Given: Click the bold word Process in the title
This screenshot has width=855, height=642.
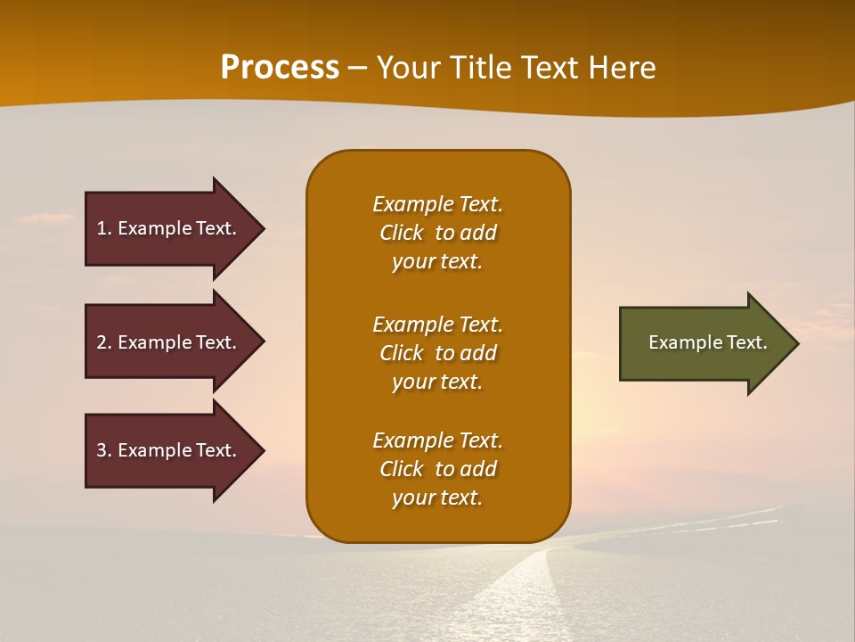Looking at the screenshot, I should pyautogui.click(x=280, y=68).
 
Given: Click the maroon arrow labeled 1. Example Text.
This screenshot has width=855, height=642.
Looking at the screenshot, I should pyautogui.click(x=169, y=228).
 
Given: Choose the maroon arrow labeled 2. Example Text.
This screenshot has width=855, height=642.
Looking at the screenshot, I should pyautogui.click(x=169, y=342).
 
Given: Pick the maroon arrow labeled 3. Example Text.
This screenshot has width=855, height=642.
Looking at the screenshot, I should pyautogui.click(x=169, y=450).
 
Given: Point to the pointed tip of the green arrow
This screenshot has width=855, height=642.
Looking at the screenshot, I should pyautogui.click(x=796, y=343).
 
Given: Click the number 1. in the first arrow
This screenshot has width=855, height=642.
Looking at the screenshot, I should pyautogui.click(x=104, y=228).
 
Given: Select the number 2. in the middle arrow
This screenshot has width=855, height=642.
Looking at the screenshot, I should pyautogui.click(x=104, y=342).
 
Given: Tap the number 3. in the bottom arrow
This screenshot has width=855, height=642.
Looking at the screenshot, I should pyautogui.click(x=104, y=450).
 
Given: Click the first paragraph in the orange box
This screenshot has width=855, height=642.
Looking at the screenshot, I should pyautogui.click(x=437, y=233).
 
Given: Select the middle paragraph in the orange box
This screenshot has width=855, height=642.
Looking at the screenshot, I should pyautogui.click(x=437, y=353).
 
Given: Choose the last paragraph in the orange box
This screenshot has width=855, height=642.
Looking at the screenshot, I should pyautogui.click(x=437, y=469).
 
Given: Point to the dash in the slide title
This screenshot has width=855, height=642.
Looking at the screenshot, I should pyautogui.click(x=357, y=69).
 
